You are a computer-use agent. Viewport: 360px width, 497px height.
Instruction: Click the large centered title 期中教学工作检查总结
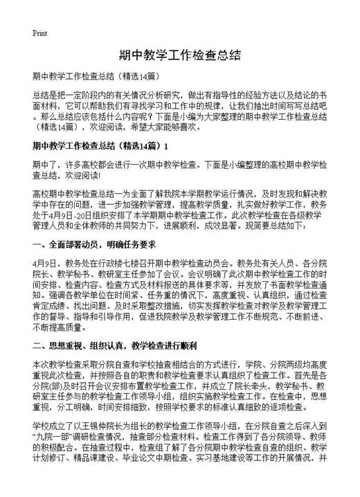(179, 54)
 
